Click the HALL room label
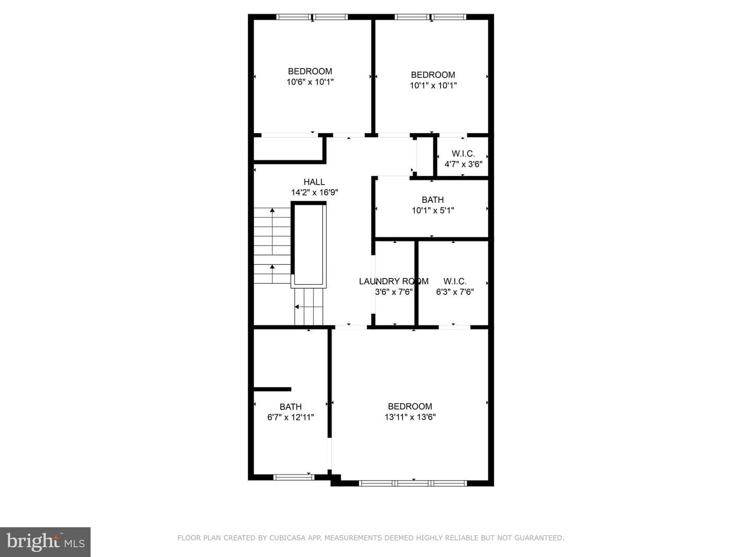tap(314, 182)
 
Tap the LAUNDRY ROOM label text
tap(394, 282)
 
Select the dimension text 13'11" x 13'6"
tap(410, 417)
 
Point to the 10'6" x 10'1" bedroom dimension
tap(310, 82)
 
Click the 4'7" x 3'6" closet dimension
tap(463, 165)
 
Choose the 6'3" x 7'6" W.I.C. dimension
tap(454, 292)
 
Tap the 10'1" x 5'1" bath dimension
tap(433, 210)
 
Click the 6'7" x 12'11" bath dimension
tap(291, 417)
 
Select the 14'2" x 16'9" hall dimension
tap(314, 192)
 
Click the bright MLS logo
tap(45, 542)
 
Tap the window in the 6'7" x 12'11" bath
tap(293, 477)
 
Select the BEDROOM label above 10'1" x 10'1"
tap(433, 75)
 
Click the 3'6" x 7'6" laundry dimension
tap(394, 292)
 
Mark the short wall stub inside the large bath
tap(272, 389)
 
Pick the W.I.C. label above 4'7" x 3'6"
tap(463, 154)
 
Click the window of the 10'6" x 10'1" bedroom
tap(312, 17)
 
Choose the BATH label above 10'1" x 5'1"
tap(433, 200)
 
